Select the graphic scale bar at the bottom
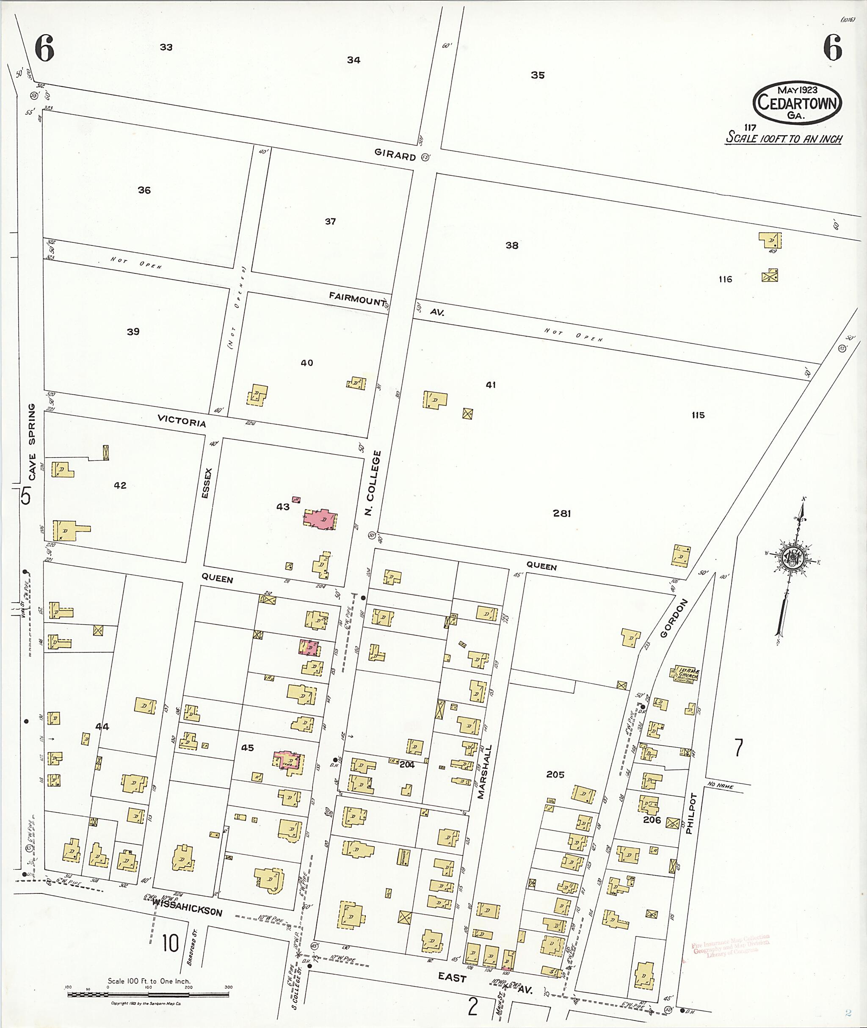point(148,995)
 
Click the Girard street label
point(395,155)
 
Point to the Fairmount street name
point(357,298)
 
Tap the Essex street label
point(207,483)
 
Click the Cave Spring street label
point(31,442)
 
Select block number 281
point(561,513)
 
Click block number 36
point(144,190)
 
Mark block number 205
point(555,774)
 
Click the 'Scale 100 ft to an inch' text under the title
point(784,138)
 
